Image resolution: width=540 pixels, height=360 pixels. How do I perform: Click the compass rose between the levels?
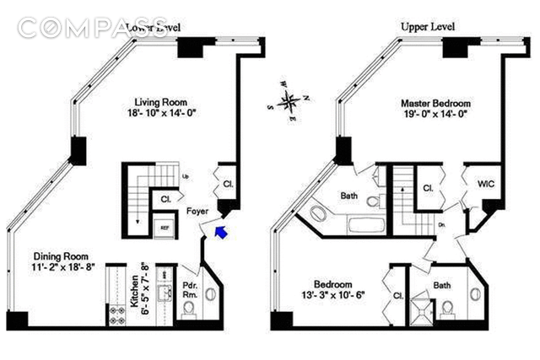pos(289,103)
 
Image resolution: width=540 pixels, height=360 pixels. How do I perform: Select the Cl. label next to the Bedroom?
pos(397,296)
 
